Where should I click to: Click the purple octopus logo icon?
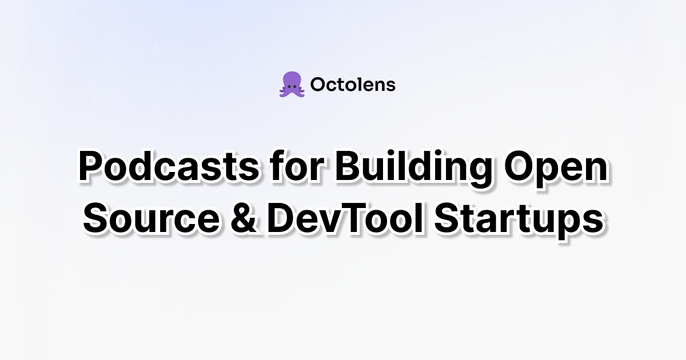click(x=292, y=85)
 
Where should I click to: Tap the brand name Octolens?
click(x=353, y=85)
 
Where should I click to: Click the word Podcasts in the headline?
click(x=169, y=166)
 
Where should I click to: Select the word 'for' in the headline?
click(x=297, y=166)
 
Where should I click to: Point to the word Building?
click(x=414, y=169)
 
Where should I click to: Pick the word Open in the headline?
click(x=556, y=170)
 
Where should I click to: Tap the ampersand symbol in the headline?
click(x=244, y=217)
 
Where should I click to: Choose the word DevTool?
click(x=346, y=217)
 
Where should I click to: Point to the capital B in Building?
click(x=348, y=166)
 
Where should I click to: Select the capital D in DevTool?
click(x=281, y=218)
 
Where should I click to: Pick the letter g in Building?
click(x=480, y=173)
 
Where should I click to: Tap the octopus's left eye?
click(x=289, y=87)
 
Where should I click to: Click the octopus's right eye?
click(x=294, y=87)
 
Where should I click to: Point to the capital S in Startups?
click(x=448, y=218)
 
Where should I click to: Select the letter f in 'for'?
click(x=278, y=166)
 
